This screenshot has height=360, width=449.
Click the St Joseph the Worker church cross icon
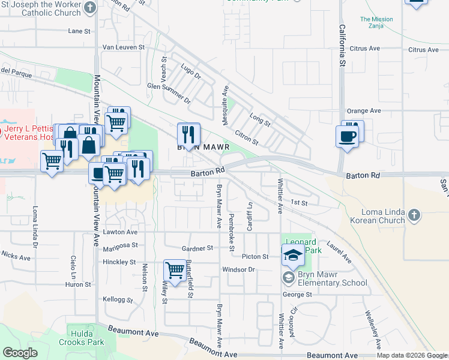pos(90,7)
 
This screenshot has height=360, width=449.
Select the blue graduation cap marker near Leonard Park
pos(292,256)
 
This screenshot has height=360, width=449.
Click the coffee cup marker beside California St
pos(348,136)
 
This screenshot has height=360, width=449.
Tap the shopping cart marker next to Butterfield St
pos(175,270)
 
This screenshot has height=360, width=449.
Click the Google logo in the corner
pos(20,353)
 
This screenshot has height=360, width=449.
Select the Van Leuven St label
pos(124,47)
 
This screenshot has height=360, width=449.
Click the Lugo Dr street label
pos(191,73)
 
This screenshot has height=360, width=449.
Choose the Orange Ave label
pos(364,111)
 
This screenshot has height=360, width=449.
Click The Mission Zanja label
pos(376,23)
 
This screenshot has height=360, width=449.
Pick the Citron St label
pos(246,137)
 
